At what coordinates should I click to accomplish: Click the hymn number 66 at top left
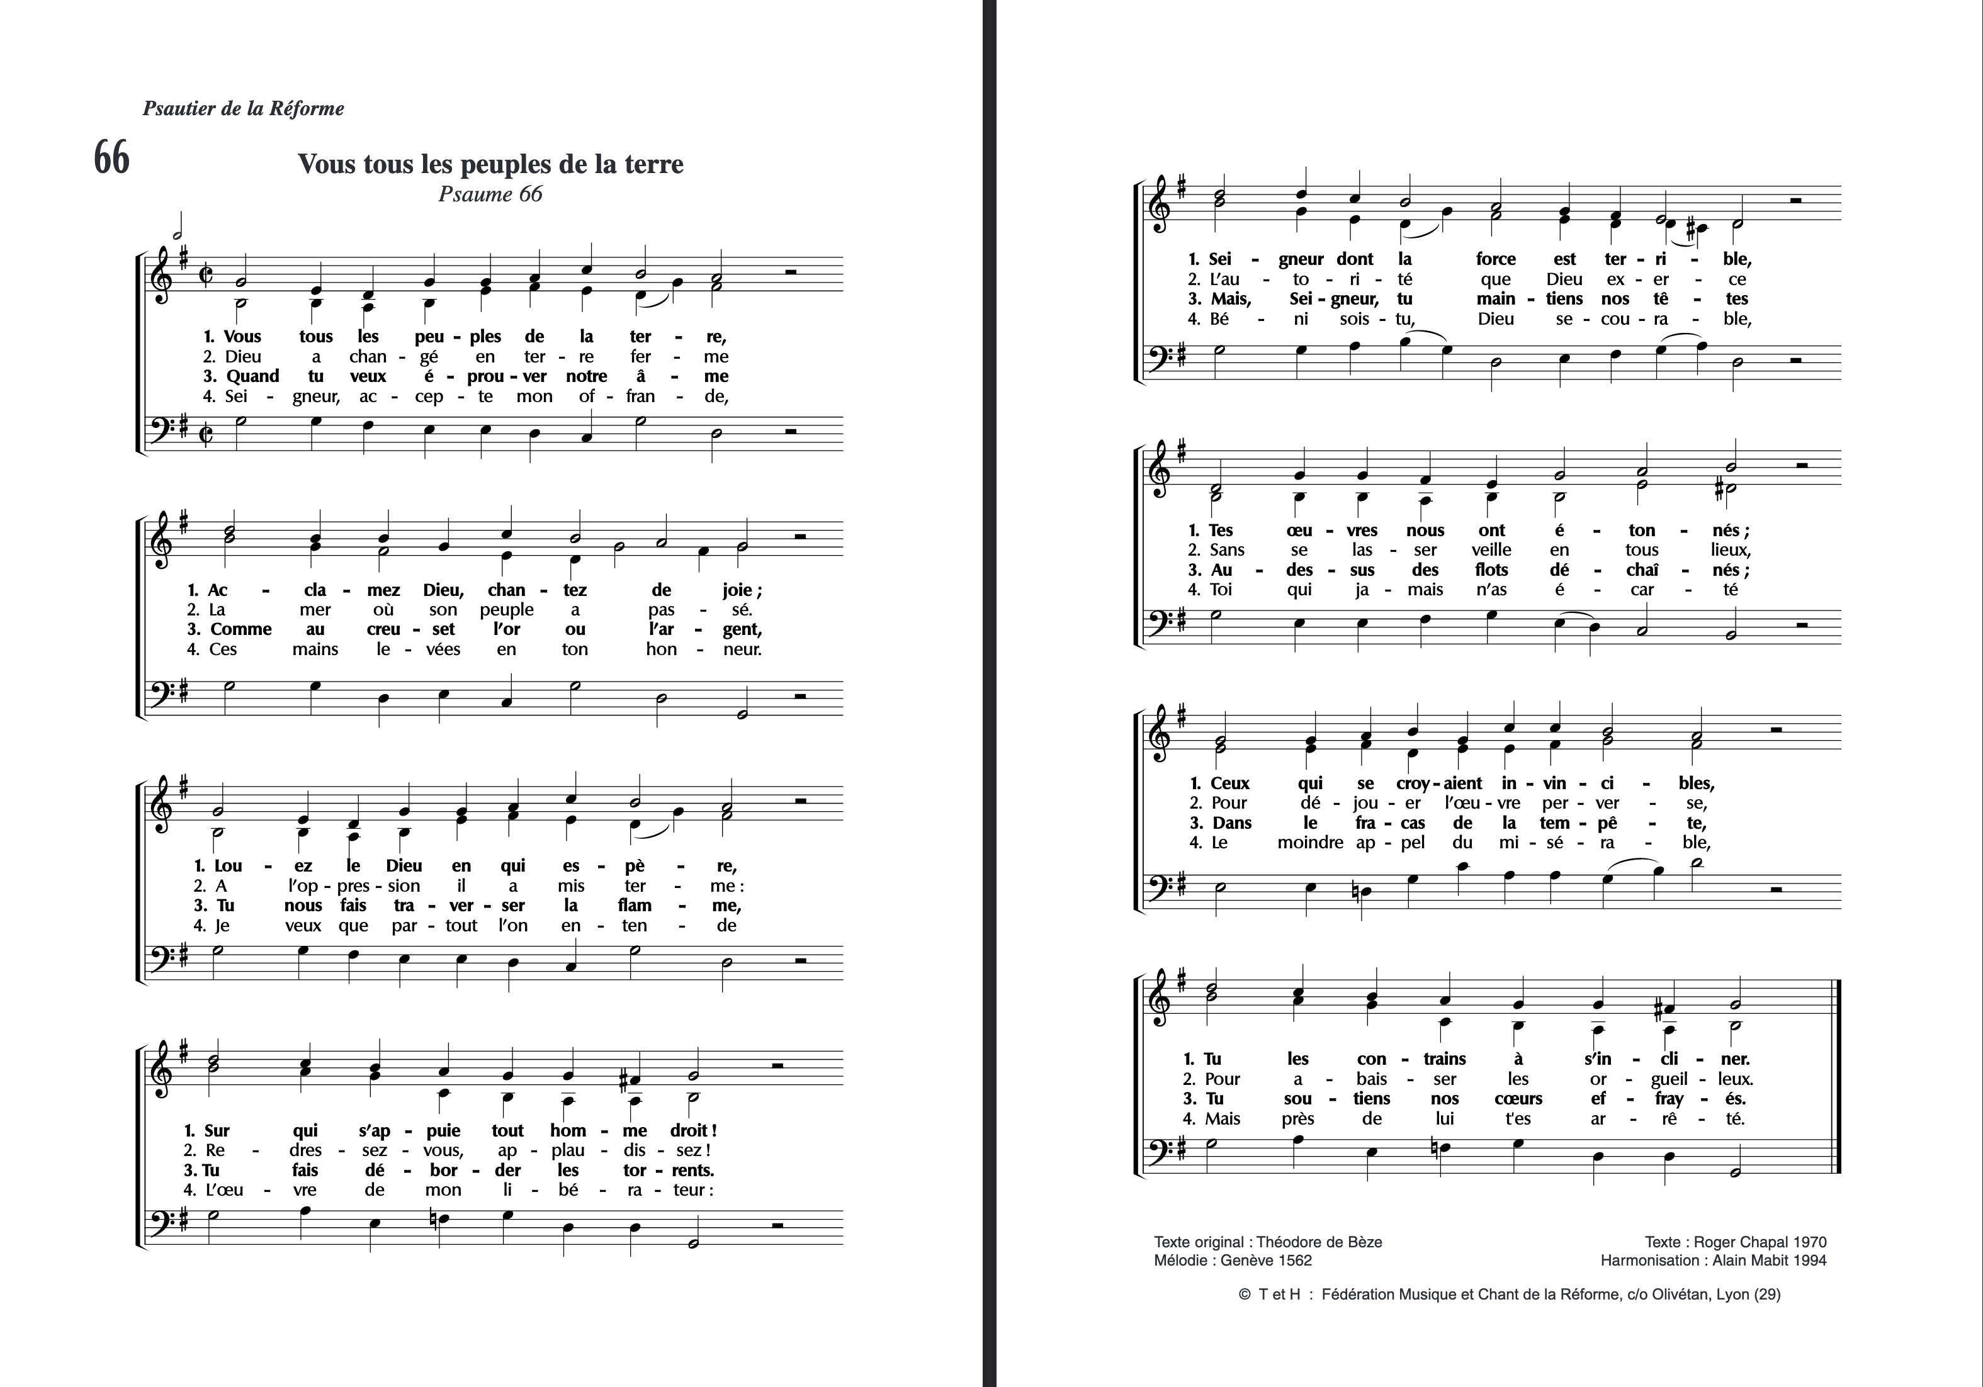(111, 159)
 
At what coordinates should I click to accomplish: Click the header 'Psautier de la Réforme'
(243, 109)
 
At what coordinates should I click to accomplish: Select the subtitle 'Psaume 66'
(490, 194)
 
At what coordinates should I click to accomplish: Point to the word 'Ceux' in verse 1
(1230, 783)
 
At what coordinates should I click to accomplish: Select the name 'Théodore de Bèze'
(1319, 1242)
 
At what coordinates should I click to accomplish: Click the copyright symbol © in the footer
(1245, 1294)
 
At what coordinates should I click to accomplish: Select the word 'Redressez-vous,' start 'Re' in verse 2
(215, 1150)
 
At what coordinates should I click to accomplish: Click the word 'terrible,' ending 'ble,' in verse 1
(1737, 259)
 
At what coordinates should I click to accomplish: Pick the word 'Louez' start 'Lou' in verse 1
(228, 866)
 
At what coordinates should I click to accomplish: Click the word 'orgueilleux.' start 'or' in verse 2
(1598, 1079)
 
